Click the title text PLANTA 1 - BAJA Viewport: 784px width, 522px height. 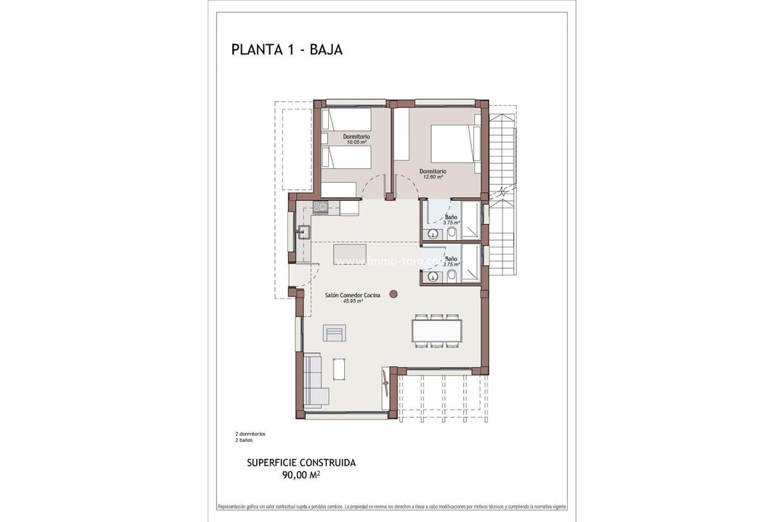pyautogui.click(x=287, y=50)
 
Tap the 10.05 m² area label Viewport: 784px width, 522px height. pyautogui.click(x=356, y=143)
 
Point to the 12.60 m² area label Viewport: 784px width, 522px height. pyautogui.click(x=433, y=177)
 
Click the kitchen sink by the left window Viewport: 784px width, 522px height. pyautogui.click(x=304, y=233)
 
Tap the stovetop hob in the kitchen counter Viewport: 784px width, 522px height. pyautogui.click(x=321, y=208)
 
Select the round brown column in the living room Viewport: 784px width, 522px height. pyautogui.click(x=393, y=294)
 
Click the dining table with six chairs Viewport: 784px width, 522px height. pyautogui.click(x=437, y=330)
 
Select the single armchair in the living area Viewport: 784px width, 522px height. pyautogui.click(x=335, y=333)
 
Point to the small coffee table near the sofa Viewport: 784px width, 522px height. pyautogui.click(x=339, y=369)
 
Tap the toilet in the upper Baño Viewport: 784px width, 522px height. pyautogui.click(x=451, y=233)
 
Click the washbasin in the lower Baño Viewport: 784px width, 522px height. pyautogui.click(x=433, y=276)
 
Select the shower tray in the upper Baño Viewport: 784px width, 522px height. pyautogui.click(x=470, y=220)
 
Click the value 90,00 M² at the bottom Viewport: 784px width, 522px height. pyautogui.click(x=301, y=476)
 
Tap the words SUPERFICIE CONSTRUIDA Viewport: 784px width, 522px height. pyautogui.click(x=301, y=463)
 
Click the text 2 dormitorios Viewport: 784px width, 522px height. pyautogui.click(x=250, y=434)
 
